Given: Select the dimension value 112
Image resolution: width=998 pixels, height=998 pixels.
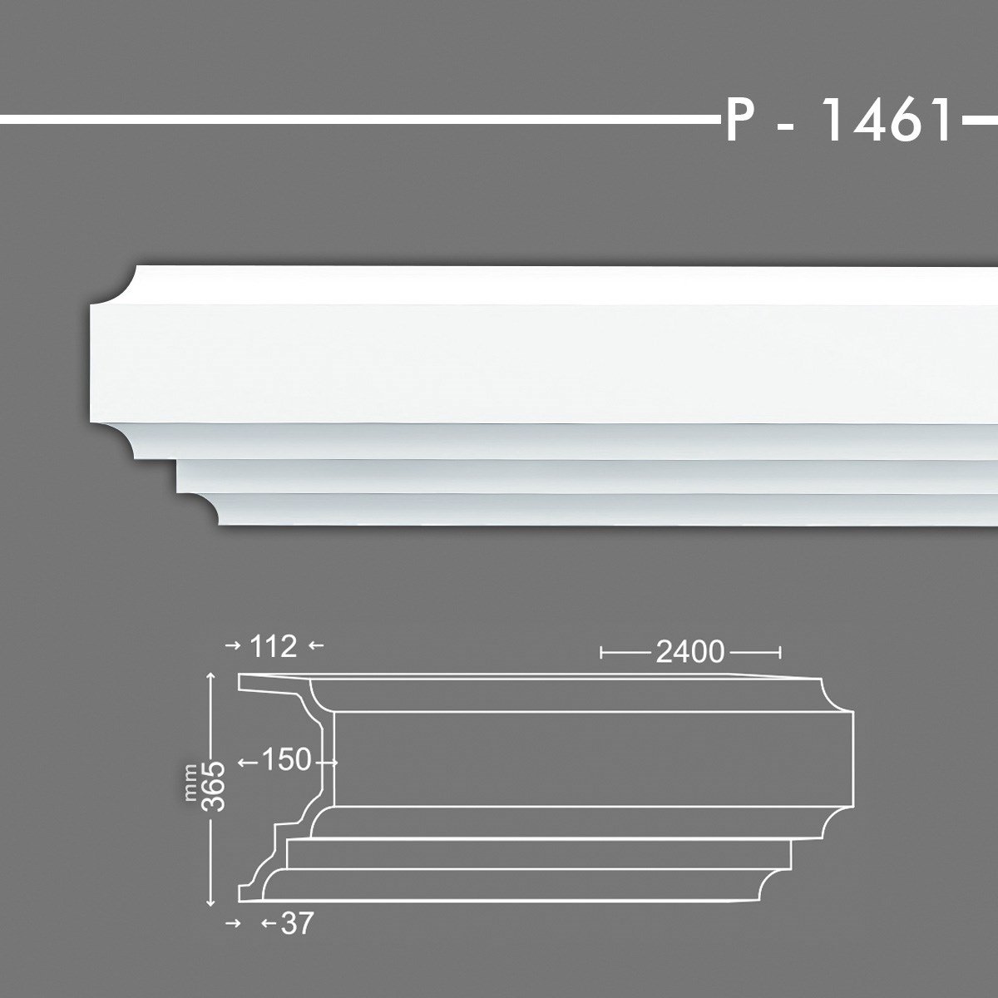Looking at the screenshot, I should pyautogui.click(x=272, y=645).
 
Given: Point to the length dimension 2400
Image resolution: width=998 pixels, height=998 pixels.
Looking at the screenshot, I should pyautogui.click(x=689, y=653).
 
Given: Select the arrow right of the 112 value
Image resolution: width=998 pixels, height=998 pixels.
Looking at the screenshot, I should pyautogui.click(x=314, y=645).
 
